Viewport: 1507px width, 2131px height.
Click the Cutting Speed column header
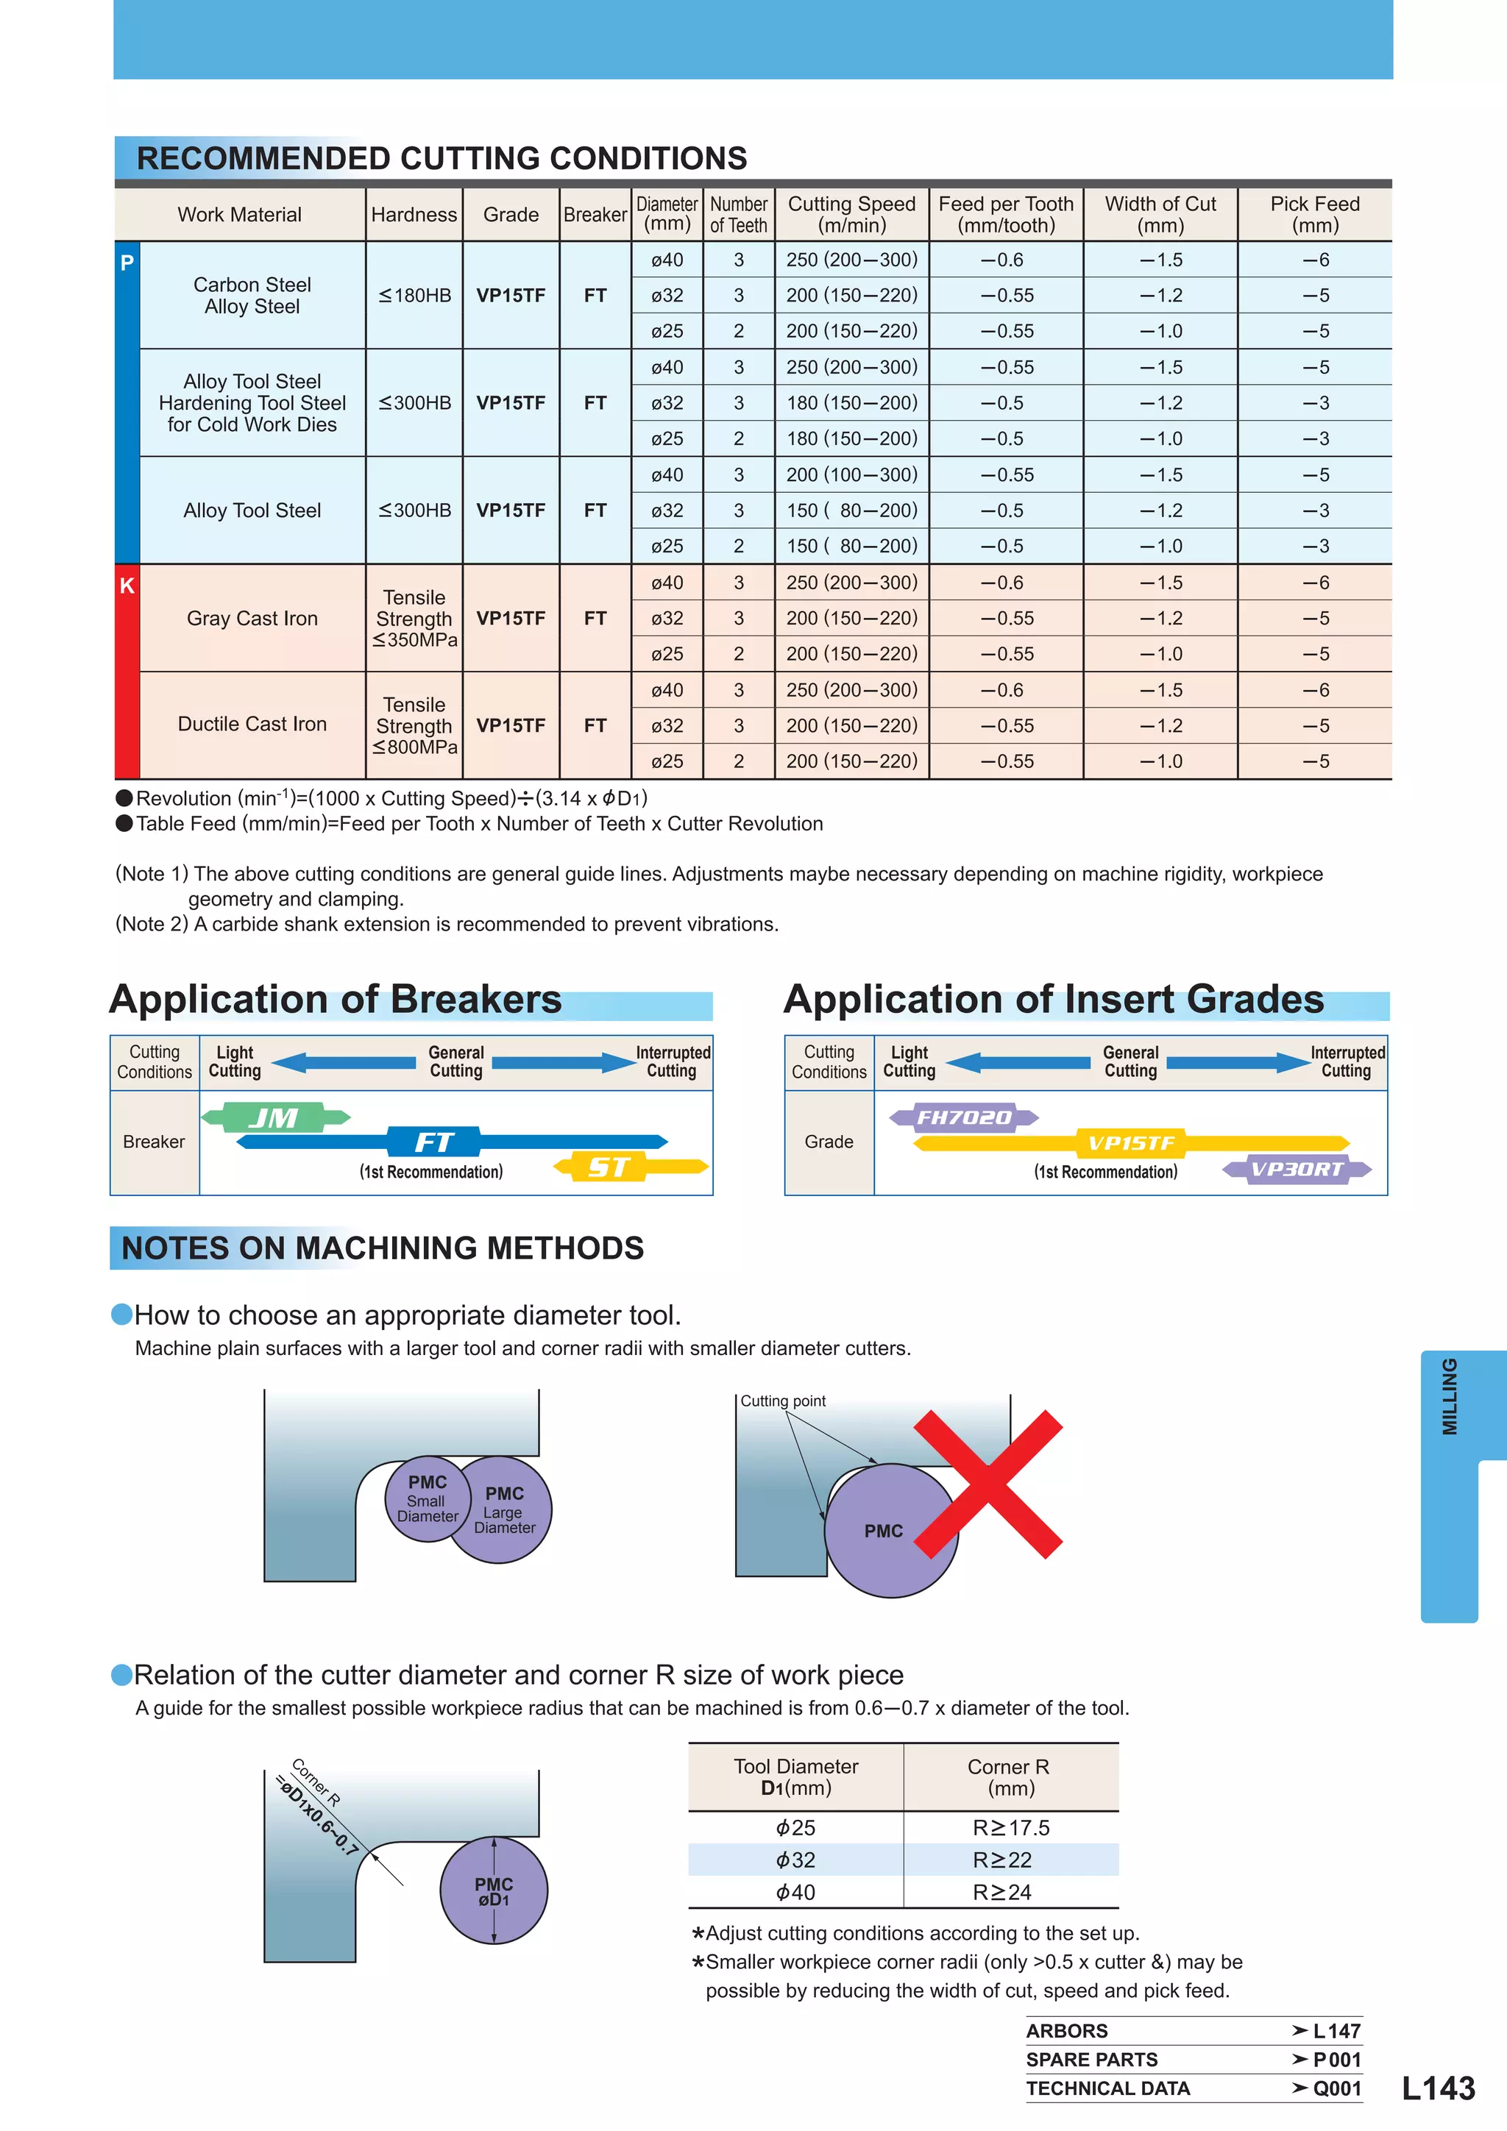coord(851,214)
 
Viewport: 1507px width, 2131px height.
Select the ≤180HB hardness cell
coord(414,295)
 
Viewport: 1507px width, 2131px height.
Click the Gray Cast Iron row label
coord(252,618)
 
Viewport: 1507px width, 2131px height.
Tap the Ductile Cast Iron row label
coord(252,724)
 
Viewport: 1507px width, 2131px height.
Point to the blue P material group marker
coord(127,263)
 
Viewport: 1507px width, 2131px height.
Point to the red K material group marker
coord(127,586)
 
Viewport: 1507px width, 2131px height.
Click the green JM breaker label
coord(274,1117)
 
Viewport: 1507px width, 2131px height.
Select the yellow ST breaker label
coord(609,1167)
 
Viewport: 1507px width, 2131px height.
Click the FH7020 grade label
coord(964,1117)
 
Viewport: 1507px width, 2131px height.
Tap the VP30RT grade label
coord(1297,1169)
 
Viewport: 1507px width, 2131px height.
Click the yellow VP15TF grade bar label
coord(1131,1143)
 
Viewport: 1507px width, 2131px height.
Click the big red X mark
coord(989,1484)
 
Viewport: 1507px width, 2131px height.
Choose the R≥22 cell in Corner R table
coord(1003,1860)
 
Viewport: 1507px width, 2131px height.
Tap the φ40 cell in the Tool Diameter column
coord(795,1893)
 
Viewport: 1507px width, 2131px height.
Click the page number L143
coord(1437,2088)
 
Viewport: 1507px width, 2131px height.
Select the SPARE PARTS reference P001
coord(1336,2060)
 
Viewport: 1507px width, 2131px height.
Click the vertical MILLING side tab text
coord(1450,1397)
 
